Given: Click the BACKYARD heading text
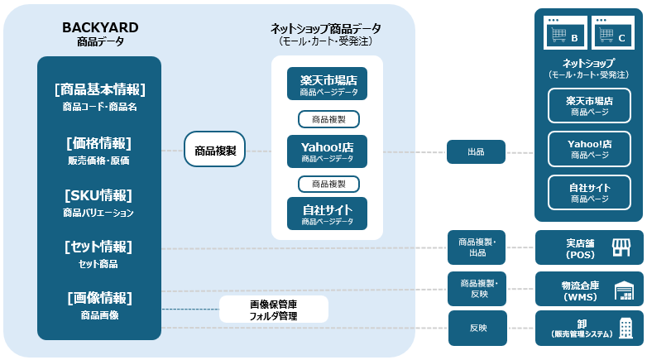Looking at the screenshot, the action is [x=100, y=27].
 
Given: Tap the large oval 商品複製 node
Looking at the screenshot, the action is [x=214, y=149].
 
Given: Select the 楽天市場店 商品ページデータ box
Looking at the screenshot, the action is [x=327, y=84].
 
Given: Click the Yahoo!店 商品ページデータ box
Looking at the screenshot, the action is [x=327, y=151].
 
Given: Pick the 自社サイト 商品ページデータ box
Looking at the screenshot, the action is [x=327, y=214].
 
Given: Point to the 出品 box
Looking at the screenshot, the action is [x=477, y=152].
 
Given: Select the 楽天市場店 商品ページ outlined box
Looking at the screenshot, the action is [x=589, y=106].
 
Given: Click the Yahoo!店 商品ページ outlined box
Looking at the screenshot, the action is [x=589, y=149].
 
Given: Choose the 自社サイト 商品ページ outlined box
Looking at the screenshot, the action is [x=589, y=193].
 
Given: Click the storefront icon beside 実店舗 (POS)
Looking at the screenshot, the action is [x=621, y=247].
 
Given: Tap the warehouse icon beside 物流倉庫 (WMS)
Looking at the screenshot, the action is [x=624, y=290].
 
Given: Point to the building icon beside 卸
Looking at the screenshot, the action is [x=626, y=329].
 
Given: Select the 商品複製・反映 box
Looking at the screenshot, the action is [x=477, y=289].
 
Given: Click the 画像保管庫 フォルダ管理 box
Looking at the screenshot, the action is [x=274, y=310].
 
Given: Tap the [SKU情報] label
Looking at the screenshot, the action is [x=98, y=195].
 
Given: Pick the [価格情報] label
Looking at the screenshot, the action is [x=98, y=143].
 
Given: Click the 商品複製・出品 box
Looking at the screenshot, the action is [x=477, y=247].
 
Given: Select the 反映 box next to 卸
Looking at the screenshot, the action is [x=478, y=329].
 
